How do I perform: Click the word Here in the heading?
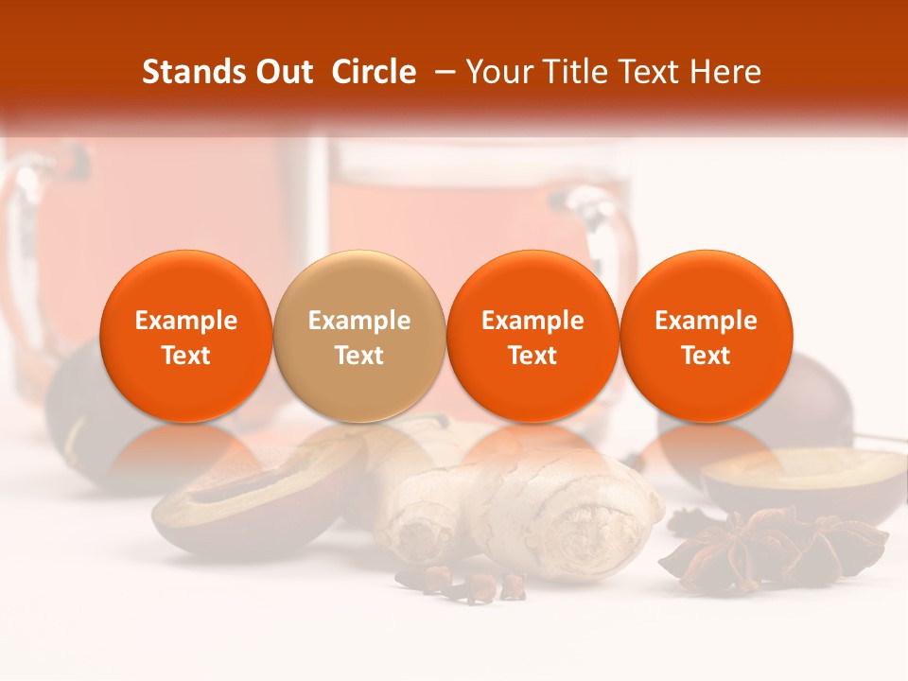pos(725,72)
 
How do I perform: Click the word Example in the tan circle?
pos(359,321)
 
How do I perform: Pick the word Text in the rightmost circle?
pos(707,356)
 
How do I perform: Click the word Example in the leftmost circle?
pos(185,321)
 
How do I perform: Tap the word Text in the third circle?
pos(533,356)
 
